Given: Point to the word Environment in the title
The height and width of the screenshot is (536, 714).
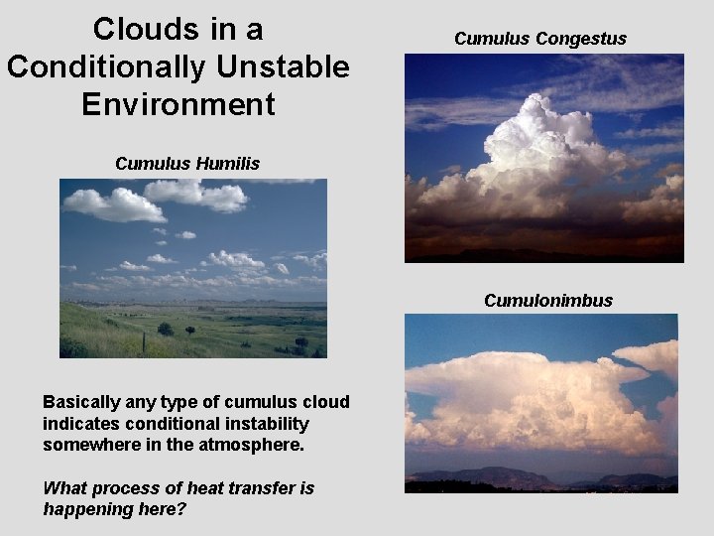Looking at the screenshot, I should (x=178, y=103).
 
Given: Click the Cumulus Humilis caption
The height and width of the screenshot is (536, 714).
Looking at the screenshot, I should (x=187, y=164).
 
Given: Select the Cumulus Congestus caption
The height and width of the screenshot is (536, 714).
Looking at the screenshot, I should (x=540, y=39).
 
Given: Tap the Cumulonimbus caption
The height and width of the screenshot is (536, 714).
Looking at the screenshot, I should (x=548, y=300).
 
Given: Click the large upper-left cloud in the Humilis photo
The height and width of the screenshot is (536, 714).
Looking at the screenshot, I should (x=114, y=203).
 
